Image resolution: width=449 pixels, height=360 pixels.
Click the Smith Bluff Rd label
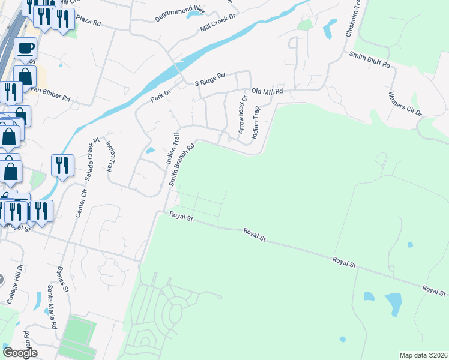click(370, 59)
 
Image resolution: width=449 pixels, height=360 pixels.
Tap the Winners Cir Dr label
click(405, 104)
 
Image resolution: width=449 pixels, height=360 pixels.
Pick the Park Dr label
click(161, 95)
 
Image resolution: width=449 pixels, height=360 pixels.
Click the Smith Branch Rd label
click(182, 164)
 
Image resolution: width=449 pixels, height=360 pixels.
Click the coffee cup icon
click(25, 47)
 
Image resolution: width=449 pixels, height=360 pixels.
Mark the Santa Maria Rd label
click(52, 305)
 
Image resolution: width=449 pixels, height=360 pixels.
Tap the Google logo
click(20, 353)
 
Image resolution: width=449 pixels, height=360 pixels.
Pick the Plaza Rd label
click(88, 22)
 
